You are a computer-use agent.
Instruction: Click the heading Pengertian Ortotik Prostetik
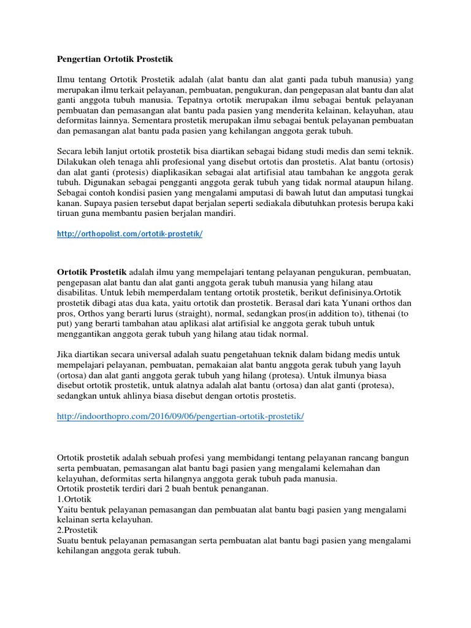[115, 59]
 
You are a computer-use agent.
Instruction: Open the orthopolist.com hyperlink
[129, 234]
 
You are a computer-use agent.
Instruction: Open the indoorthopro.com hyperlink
[180, 416]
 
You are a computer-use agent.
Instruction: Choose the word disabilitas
[78, 292]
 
